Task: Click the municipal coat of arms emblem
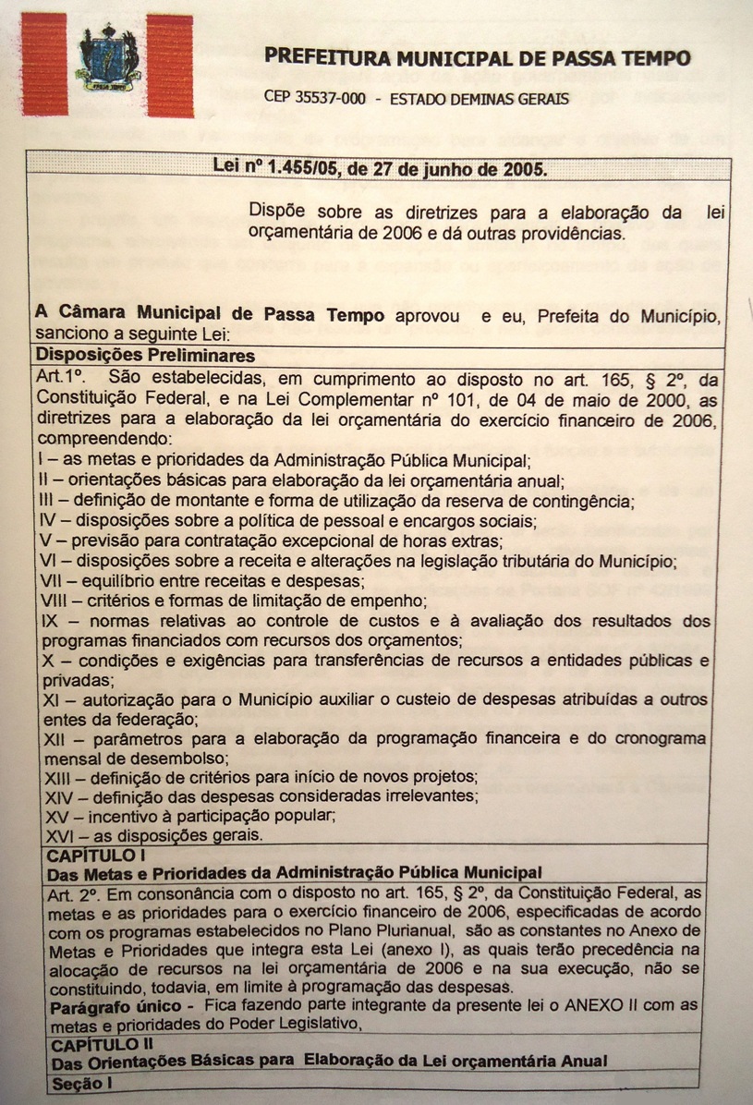tap(107, 58)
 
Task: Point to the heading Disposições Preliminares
tap(145, 355)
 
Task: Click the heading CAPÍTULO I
tap(91, 856)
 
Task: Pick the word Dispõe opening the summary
tap(280, 211)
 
